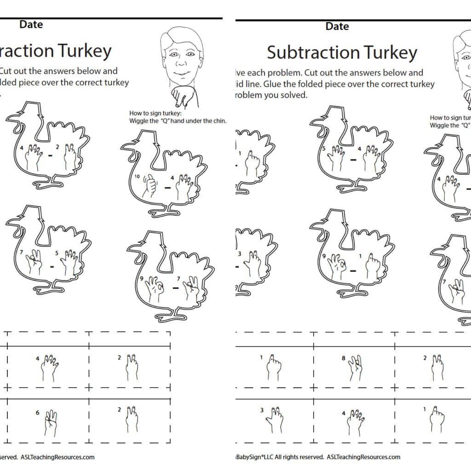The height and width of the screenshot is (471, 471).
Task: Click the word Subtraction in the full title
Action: (307, 52)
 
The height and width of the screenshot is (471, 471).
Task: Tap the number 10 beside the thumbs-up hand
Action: (137, 176)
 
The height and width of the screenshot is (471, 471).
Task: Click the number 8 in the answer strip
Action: (344, 357)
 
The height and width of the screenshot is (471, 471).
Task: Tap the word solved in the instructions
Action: (295, 95)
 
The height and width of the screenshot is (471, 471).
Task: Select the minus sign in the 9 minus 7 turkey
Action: (175, 288)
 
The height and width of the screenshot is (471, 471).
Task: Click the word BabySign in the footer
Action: (248, 457)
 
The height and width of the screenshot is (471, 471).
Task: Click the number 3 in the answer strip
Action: (262, 410)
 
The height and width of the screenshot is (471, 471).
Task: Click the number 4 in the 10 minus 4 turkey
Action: (172, 177)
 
